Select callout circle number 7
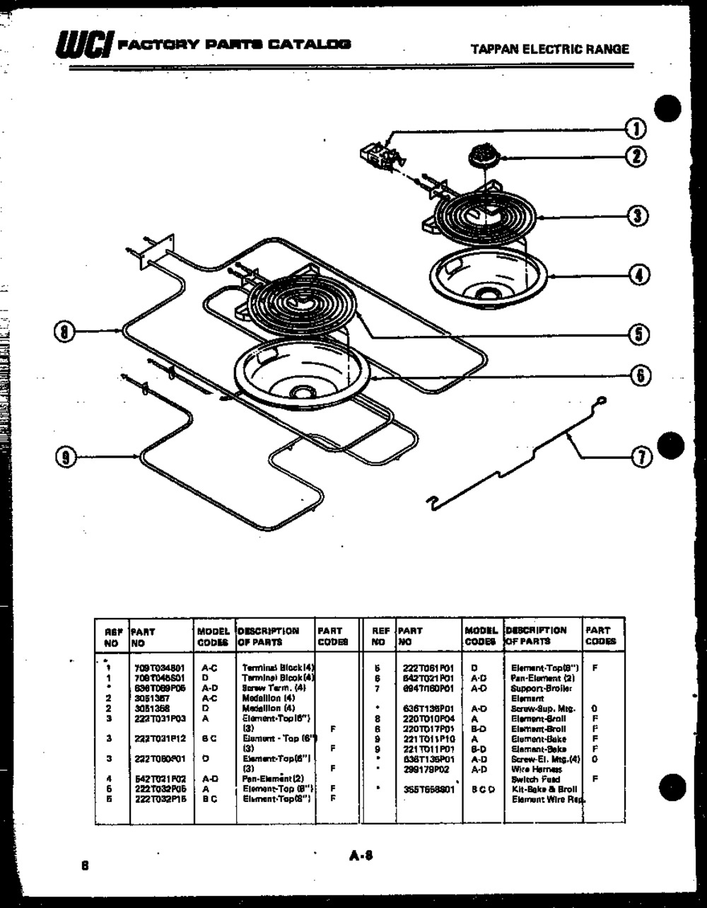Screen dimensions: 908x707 click(x=641, y=458)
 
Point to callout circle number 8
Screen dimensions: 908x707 click(x=65, y=330)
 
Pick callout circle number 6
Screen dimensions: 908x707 click(x=640, y=376)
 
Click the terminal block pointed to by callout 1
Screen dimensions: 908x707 click(x=380, y=154)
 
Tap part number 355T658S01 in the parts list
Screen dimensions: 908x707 click(x=423, y=788)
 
